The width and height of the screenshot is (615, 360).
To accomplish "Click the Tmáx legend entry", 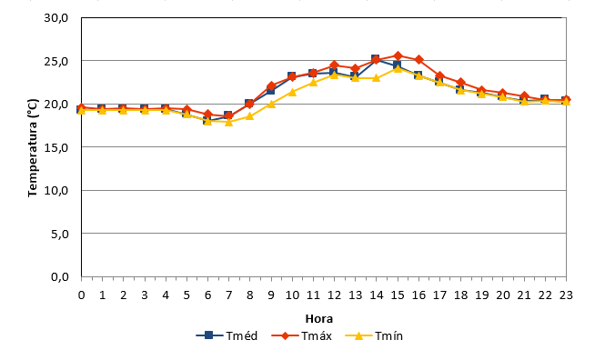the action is pyautogui.click(x=302, y=335).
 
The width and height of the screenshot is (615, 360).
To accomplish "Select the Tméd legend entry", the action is pyautogui.click(x=227, y=335).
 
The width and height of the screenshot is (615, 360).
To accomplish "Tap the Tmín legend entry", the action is pyautogui.click(x=374, y=335).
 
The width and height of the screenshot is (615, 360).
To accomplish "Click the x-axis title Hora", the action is pyautogui.click(x=319, y=319).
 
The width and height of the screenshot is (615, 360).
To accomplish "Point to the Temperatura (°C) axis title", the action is pyautogui.click(x=33, y=147).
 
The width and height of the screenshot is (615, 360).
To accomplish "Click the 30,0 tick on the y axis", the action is pyautogui.click(x=56, y=18).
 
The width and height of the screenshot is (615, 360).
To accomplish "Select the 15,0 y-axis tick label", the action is pyautogui.click(x=56, y=147).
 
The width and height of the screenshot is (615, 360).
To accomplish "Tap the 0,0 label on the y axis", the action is pyautogui.click(x=60, y=277).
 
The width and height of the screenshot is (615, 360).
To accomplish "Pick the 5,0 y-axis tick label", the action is pyautogui.click(x=60, y=234).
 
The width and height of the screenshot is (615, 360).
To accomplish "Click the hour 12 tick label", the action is pyautogui.click(x=334, y=295).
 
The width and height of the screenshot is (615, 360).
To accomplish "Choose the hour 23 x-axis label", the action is pyautogui.click(x=566, y=295).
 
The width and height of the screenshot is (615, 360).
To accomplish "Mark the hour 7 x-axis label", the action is pyautogui.click(x=228, y=295).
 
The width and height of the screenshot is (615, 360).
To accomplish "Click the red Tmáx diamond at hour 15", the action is pyautogui.click(x=398, y=55).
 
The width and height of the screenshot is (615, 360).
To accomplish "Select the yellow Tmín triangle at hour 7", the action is pyautogui.click(x=228, y=122).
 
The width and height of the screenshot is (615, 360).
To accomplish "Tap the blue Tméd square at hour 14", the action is pyautogui.click(x=376, y=59).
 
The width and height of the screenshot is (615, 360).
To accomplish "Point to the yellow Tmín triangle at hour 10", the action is pyautogui.click(x=292, y=93).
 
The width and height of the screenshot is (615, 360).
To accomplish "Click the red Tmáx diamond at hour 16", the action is pyautogui.click(x=418, y=59).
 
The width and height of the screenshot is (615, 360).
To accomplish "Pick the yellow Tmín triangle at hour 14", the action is pyautogui.click(x=377, y=78).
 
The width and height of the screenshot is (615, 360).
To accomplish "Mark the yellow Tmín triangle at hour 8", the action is pyautogui.click(x=250, y=116).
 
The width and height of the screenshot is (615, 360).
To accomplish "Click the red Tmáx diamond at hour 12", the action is pyautogui.click(x=334, y=65).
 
